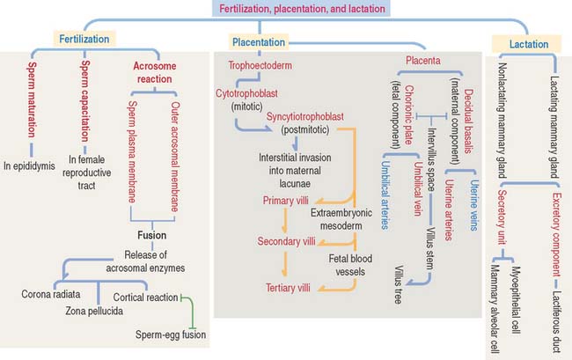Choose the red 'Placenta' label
422,61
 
